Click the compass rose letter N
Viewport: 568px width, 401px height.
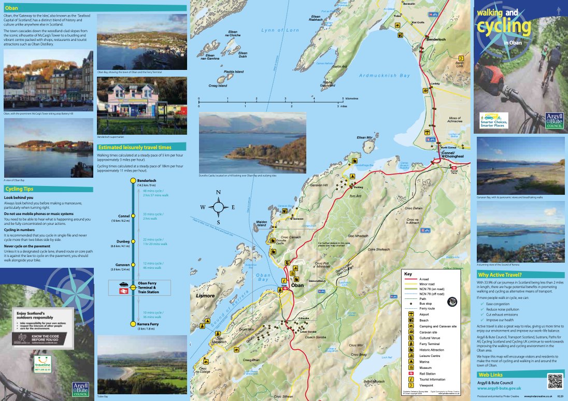219,193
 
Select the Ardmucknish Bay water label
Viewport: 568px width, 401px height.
385,76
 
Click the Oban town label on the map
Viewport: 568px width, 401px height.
297,285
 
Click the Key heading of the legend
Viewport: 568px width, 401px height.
408,273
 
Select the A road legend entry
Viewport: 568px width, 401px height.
424,279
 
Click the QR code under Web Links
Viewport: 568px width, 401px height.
556,381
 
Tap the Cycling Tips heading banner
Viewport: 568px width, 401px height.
48,189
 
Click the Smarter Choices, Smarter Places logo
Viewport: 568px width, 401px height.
493,120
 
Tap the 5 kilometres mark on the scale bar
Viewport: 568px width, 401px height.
343,98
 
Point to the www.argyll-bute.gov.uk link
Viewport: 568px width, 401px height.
499,388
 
